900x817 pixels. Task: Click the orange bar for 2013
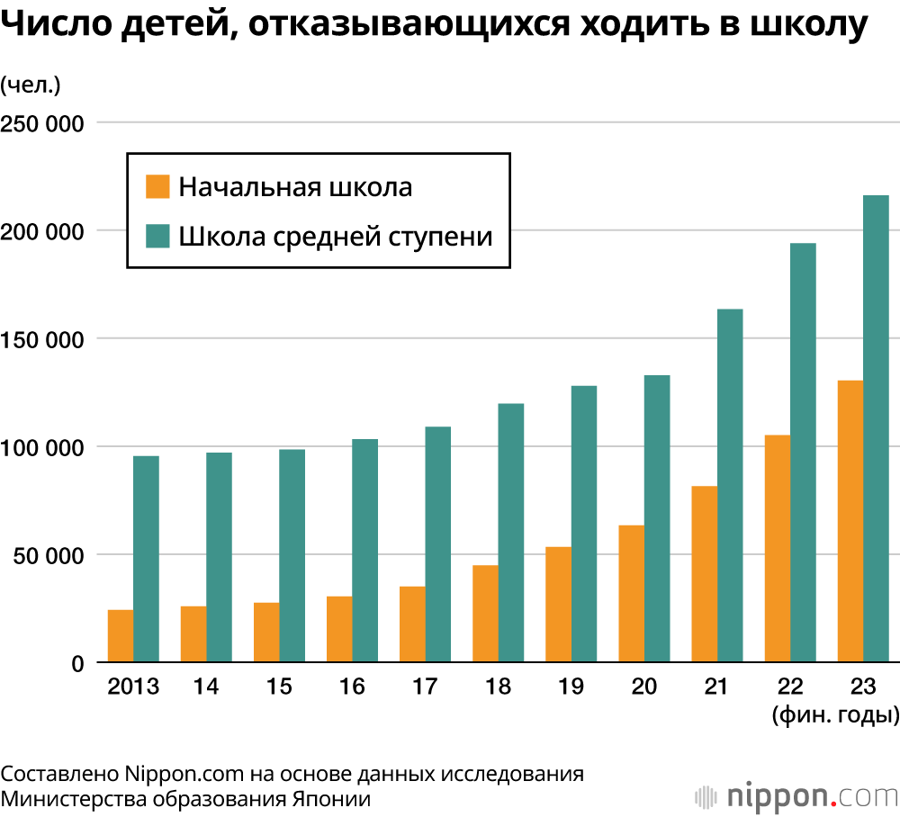click(121, 636)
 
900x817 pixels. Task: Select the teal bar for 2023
click(876, 429)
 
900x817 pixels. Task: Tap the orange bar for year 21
click(704, 574)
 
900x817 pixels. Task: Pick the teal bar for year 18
click(511, 533)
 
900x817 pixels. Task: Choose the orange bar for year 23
click(850, 522)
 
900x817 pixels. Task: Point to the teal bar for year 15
click(292, 556)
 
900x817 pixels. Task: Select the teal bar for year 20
click(657, 519)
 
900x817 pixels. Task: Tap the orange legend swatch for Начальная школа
click(157, 187)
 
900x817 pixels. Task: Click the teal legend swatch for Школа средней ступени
click(157, 237)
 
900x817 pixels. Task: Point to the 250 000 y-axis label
click(42, 123)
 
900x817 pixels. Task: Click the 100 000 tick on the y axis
click(42, 447)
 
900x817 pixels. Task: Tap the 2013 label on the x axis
click(133, 687)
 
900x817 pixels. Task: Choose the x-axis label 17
click(425, 687)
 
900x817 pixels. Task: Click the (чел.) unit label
click(30, 85)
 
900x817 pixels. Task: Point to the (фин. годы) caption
click(835, 716)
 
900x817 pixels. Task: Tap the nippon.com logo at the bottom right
click(796, 796)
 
